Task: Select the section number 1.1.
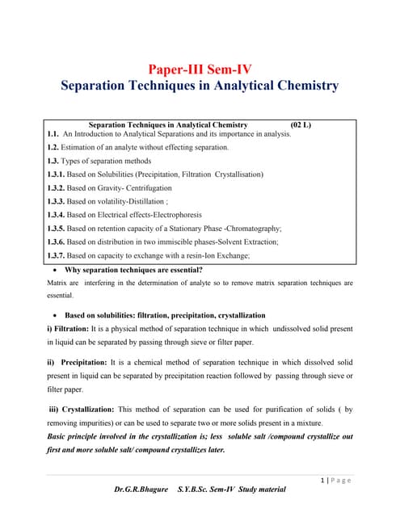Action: [53, 134]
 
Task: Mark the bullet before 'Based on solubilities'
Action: [53, 315]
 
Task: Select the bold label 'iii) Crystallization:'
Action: [83, 410]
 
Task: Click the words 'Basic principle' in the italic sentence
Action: [74, 436]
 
